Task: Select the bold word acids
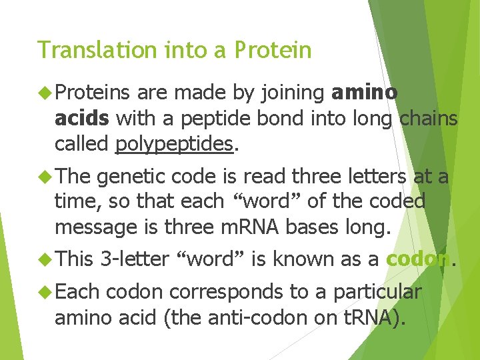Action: [81, 119]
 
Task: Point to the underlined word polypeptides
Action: [175, 144]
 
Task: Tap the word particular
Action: [377, 292]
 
